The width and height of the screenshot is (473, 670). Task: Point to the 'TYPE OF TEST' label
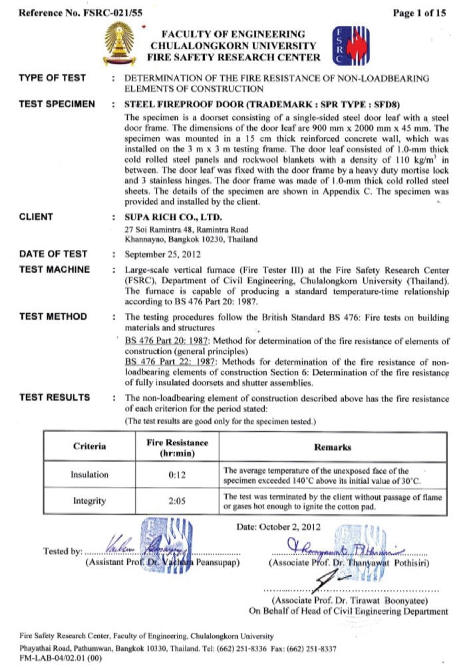53,78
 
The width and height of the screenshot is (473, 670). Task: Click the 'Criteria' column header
88,447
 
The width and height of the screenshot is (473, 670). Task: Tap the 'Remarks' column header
333,447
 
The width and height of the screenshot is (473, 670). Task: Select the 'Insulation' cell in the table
88,475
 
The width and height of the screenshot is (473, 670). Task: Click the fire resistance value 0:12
176,475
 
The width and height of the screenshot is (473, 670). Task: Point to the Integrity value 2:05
176,502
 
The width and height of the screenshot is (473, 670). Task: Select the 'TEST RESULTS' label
55,397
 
